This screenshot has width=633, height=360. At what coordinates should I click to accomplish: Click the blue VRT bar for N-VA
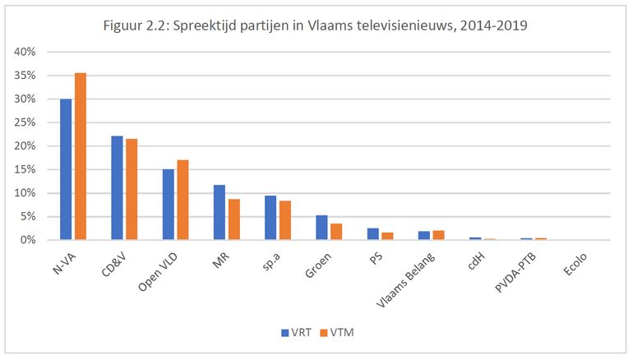click(x=66, y=169)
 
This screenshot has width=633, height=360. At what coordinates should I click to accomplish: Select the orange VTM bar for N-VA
click(x=80, y=156)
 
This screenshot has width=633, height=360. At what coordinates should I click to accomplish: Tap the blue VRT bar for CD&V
click(x=117, y=188)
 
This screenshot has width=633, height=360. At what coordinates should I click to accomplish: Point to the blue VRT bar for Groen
click(x=321, y=228)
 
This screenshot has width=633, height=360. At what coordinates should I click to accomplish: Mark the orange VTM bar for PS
click(x=387, y=236)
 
